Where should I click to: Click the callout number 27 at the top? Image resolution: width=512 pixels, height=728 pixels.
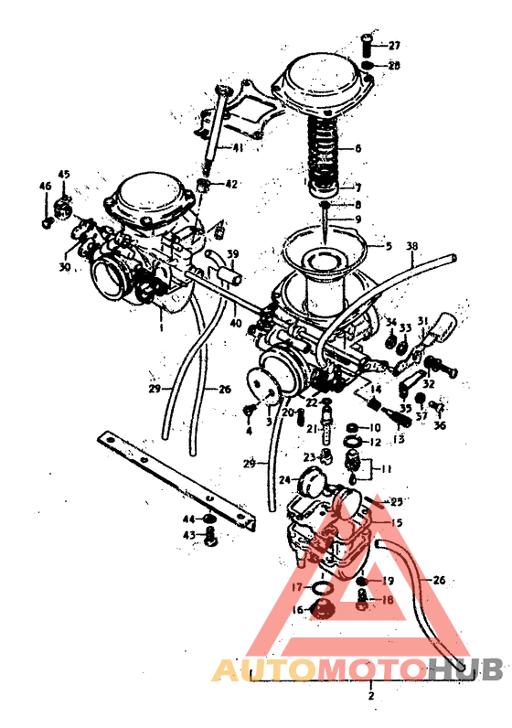tap(394, 46)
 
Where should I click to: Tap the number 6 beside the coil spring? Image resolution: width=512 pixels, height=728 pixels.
tap(358, 147)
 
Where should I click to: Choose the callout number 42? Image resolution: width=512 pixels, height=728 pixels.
tap(230, 184)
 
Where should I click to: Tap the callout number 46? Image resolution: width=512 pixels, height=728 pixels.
tap(45, 187)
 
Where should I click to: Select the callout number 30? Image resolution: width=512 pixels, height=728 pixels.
tap(64, 267)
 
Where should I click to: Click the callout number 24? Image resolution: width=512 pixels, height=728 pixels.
tap(284, 479)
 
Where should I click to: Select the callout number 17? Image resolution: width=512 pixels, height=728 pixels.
tap(295, 586)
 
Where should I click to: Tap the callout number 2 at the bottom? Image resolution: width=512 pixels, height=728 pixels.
tap(370, 696)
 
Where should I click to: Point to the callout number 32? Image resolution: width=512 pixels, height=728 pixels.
tap(428, 358)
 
